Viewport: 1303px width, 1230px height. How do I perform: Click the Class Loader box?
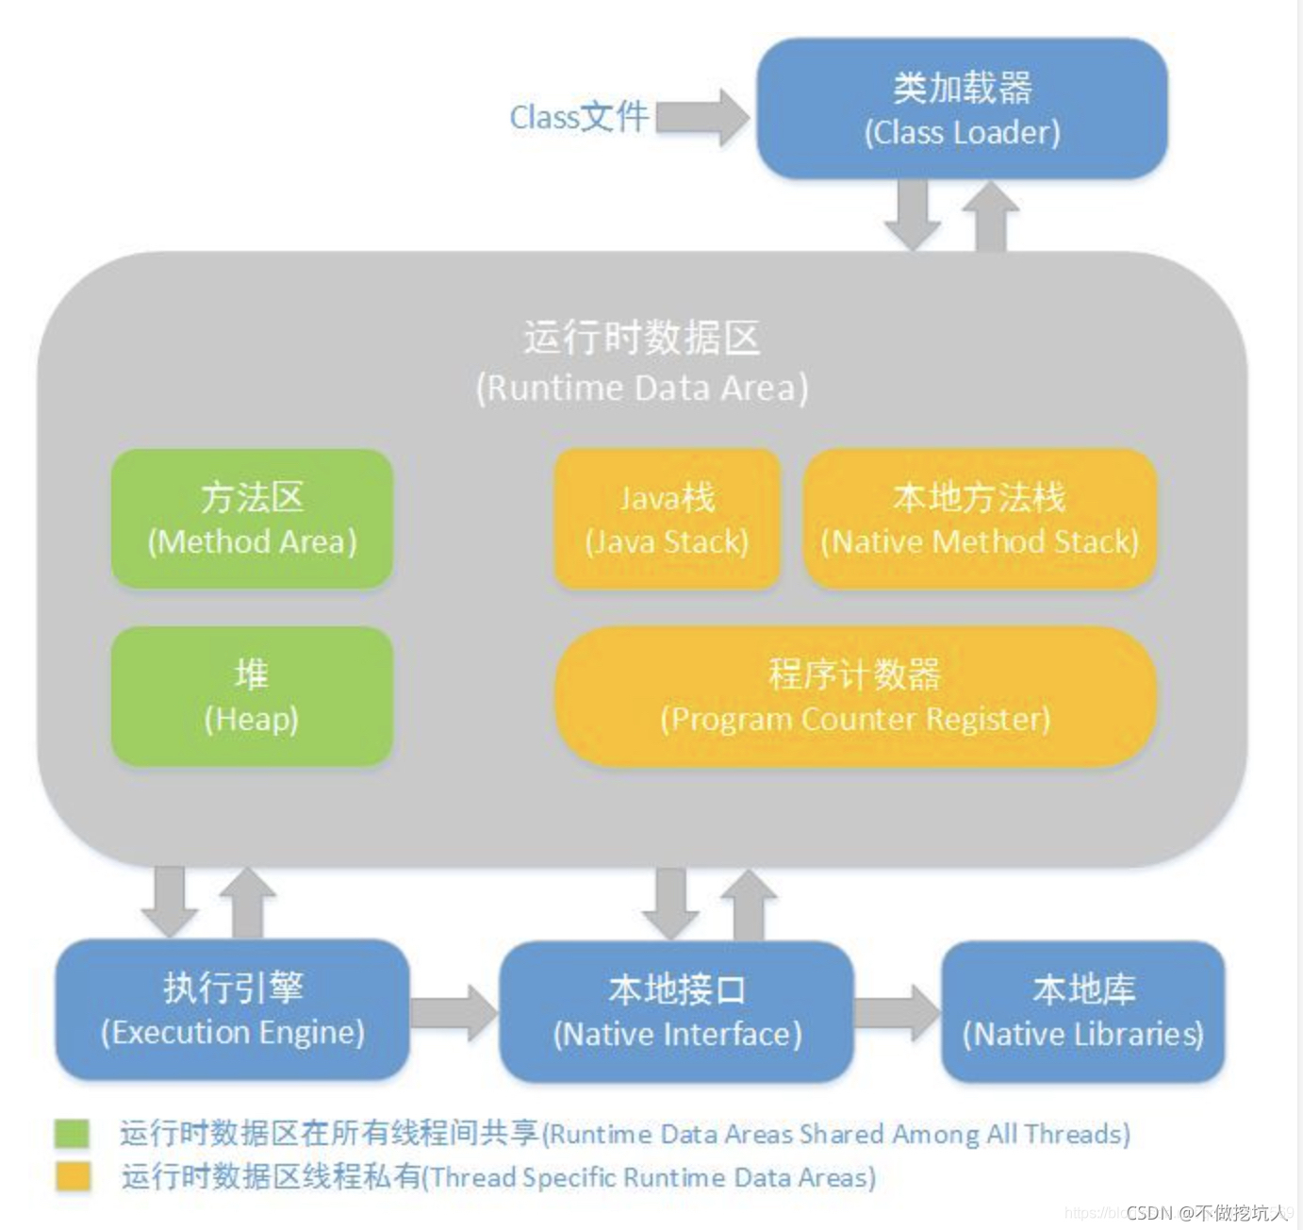click(x=962, y=108)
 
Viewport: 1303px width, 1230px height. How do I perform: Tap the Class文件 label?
click(x=578, y=117)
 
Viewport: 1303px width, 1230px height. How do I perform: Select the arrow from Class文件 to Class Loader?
click(x=702, y=117)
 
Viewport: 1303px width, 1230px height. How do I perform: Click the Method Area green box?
click(x=252, y=518)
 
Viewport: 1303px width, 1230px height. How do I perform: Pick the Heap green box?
click(x=252, y=695)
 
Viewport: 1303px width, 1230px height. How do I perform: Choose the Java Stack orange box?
click(x=667, y=518)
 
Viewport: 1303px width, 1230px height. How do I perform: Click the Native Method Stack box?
click(x=979, y=518)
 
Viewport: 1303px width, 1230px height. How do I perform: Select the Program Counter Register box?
click(x=854, y=695)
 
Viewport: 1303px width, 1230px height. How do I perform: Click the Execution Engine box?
click(x=232, y=1008)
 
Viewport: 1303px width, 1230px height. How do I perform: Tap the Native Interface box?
click(x=676, y=1010)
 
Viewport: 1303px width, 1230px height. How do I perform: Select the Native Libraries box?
click(x=1082, y=1010)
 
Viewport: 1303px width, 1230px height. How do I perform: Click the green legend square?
click(x=72, y=1133)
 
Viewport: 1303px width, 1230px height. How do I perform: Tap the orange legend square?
click(x=72, y=1176)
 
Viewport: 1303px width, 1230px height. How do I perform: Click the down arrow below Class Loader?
click(x=912, y=214)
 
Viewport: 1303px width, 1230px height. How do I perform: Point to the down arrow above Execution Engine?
click(x=170, y=901)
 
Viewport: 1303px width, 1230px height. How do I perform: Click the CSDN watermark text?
click(x=1206, y=1212)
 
